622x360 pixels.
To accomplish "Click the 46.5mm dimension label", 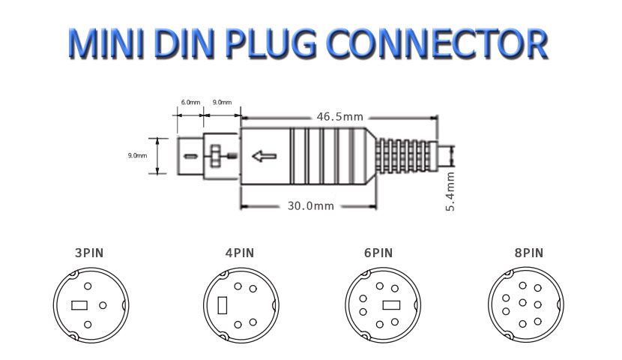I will pos(340,117).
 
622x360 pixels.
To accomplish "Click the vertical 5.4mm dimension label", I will pos(450,191).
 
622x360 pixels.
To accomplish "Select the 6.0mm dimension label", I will pos(190,102).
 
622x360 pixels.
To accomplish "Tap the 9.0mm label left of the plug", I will pos(137,155).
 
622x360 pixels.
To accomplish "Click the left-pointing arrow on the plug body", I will pos(264,157).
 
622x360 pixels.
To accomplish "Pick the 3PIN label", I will pos(88,253).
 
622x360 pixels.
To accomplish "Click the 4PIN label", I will pos(240,253).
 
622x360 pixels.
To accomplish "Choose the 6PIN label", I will pos(378,253).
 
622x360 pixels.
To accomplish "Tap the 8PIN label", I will pos(528,253).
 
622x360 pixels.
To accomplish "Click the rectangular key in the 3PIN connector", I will pos(79,305).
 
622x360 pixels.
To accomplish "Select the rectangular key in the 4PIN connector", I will pos(223,306).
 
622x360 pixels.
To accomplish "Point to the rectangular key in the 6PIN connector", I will pos(391,305).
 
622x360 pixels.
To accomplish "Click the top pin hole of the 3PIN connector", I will pos(88,286).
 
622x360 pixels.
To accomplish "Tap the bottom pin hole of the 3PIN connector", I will pos(88,324).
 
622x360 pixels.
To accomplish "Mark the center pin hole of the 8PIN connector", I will pos(522,304).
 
